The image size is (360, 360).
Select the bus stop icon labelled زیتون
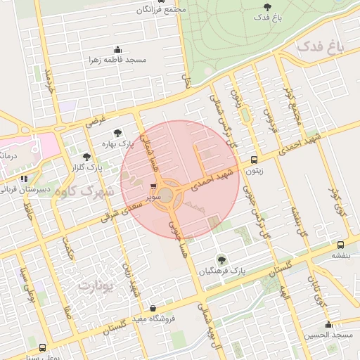[254, 160]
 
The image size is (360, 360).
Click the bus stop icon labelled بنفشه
[340, 245]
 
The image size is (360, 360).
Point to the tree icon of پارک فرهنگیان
[222, 259]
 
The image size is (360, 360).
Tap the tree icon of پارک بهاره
[117, 133]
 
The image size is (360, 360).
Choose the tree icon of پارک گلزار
[87, 157]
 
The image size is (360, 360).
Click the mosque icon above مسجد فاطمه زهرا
[117, 49]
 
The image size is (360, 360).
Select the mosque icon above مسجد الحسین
[328, 324]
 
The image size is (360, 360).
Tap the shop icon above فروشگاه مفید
[153, 308]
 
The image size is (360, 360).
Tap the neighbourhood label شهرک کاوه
[86, 191]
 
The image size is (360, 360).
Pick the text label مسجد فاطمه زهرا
[117, 60]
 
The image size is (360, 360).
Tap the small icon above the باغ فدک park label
[265, 6]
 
